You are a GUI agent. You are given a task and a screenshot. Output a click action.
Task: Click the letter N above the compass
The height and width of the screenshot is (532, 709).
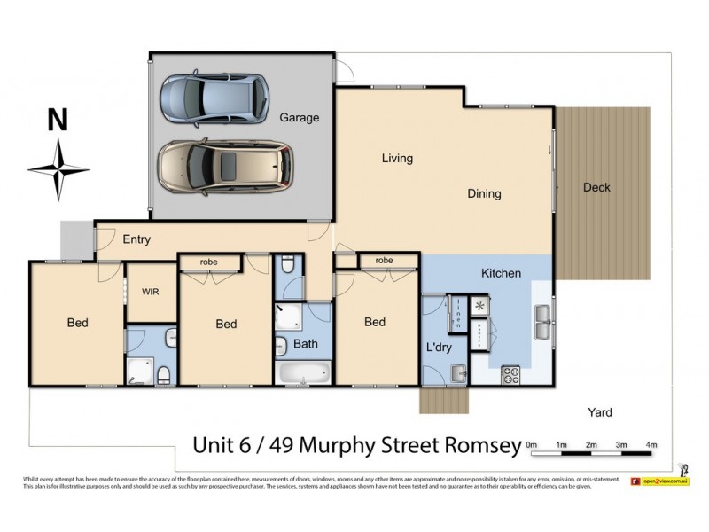click(58, 121)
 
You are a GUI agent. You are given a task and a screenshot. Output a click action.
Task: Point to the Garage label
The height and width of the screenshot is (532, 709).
click(299, 118)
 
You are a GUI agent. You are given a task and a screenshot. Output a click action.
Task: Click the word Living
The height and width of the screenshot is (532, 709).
click(397, 159)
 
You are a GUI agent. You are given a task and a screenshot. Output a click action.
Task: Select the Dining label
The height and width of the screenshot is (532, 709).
click(484, 193)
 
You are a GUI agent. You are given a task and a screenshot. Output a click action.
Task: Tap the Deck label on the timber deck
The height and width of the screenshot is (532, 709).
click(596, 187)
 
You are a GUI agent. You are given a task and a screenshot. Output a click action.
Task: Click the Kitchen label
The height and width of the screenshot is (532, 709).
click(501, 273)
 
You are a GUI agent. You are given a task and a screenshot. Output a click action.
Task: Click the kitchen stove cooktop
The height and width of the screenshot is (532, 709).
click(511, 374)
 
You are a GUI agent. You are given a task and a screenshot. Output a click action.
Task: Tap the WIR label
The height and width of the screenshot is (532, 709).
click(149, 291)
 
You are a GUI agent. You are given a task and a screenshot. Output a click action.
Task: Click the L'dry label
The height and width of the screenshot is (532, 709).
click(439, 348)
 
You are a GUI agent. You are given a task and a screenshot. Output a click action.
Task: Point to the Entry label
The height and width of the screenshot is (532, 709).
click(136, 239)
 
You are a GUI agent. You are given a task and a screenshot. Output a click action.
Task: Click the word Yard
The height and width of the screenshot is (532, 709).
click(600, 412)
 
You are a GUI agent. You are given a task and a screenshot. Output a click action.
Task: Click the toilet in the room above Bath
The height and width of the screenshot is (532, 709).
click(286, 266)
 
